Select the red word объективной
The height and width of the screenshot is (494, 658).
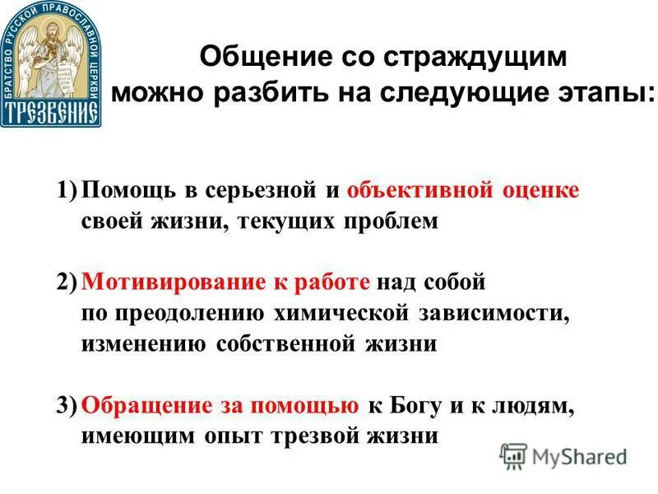(x=419, y=191)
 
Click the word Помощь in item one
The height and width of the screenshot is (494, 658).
(x=127, y=191)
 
